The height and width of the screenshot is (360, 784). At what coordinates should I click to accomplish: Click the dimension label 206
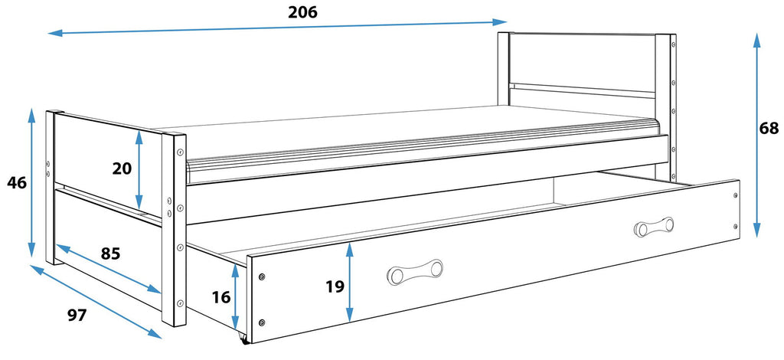[x=302, y=12]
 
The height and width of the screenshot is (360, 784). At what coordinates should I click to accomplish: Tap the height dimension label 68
[x=769, y=129]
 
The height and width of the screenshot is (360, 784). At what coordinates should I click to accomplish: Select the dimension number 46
[x=17, y=183]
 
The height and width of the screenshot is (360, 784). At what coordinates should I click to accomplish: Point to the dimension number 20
[x=122, y=169]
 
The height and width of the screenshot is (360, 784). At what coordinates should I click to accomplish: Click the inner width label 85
[x=110, y=254]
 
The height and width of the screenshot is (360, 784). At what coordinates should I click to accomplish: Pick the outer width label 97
[x=77, y=315]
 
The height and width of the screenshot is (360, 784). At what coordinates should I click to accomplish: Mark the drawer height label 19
[x=335, y=286]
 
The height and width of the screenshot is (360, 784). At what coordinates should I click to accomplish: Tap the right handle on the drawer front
[x=654, y=227]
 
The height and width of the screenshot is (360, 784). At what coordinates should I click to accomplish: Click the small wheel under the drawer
[x=244, y=340]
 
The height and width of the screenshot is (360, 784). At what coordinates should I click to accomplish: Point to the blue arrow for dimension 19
[x=349, y=283]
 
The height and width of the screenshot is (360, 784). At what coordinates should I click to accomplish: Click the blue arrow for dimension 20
[x=139, y=169]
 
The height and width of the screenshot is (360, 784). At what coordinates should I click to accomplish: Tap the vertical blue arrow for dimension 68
[x=757, y=135]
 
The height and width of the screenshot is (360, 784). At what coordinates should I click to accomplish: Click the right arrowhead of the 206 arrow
[x=500, y=22]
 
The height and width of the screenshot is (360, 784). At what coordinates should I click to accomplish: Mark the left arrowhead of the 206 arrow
[x=55, y=34]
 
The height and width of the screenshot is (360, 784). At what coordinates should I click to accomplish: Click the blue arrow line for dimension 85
[x=109, y=269]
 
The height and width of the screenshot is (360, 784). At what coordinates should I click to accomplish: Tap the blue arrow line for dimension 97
[x=96, y=302]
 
